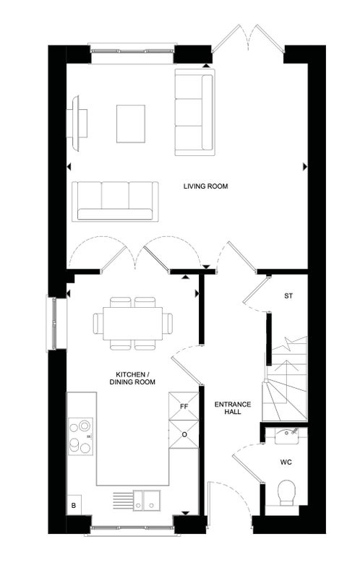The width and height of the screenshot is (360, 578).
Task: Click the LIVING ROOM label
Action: coord(205,186)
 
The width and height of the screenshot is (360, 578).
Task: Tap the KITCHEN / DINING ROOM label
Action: coord(132,378)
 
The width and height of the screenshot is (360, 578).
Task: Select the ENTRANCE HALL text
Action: coord(232,408)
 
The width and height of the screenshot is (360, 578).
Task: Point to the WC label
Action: coord(286,462)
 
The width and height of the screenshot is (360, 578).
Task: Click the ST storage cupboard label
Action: coord(288,296)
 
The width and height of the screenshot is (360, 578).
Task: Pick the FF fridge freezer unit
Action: coord(184,406)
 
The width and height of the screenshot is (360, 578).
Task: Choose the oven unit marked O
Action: coord(184,434)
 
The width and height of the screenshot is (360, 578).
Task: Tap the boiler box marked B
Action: coord(74,505)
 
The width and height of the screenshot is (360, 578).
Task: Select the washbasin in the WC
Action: coord(286,436)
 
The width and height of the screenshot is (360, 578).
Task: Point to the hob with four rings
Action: coord(80,436)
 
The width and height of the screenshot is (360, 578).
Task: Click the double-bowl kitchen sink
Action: coord(147,500)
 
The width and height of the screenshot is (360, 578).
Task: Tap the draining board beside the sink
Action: coord(122,500)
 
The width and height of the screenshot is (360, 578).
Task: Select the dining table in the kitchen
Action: coord(133,323)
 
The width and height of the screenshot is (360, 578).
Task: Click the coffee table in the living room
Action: coord(131,124)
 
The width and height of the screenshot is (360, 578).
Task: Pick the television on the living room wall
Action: coord(77,123)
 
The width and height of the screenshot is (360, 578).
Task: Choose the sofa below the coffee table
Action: coord(115,202)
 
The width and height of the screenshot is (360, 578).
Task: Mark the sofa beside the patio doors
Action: coord(194,112)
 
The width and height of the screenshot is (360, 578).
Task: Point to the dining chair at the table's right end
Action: coord(168,323)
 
